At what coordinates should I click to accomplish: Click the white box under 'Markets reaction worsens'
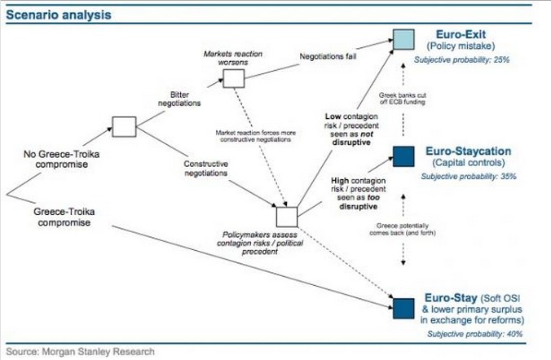click(233, 78)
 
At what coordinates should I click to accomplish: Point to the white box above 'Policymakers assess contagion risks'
click(287, 217)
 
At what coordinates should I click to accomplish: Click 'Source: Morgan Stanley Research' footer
click(78, 351)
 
